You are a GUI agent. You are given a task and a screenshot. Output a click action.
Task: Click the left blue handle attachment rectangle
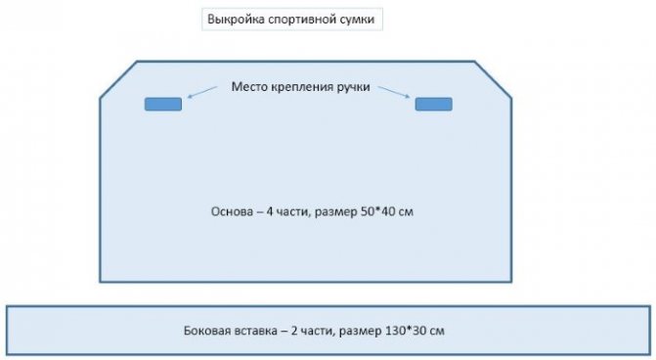tap(163, 104)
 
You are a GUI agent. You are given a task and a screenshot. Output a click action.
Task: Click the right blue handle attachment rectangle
tap(433, 104)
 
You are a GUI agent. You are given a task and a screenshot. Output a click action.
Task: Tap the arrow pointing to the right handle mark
tap(394, 92)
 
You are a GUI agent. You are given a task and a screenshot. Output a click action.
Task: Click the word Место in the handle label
tap(248, 87)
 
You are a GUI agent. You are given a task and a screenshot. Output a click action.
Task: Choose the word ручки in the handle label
tap(352, 87)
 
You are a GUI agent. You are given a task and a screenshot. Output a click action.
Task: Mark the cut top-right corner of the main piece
tap(496, 78)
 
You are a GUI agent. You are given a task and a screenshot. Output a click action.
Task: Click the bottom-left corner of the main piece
tap(101, 282)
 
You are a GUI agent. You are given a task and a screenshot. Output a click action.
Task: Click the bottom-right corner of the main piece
tap(512, 282)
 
